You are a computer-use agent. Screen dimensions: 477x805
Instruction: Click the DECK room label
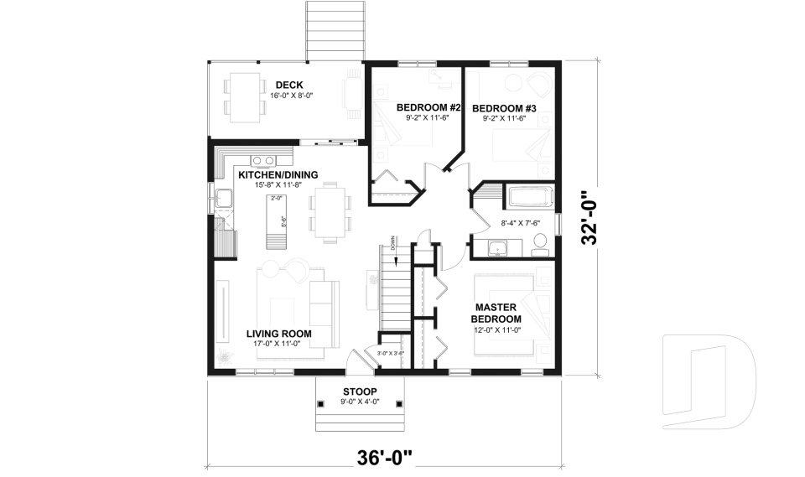coord(288,85)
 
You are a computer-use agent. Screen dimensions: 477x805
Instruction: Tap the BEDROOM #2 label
coord(429,107)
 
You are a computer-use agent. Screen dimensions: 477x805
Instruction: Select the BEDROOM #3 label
coord(504,107)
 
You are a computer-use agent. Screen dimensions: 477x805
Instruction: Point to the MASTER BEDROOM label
coord(496,314)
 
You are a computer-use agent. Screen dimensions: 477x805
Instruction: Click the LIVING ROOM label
coord(279,334)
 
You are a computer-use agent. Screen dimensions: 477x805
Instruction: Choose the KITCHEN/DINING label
coord(278,174)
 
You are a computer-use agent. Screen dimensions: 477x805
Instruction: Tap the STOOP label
coord(360,391)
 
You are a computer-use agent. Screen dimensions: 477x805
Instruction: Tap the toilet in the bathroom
coord(539,243)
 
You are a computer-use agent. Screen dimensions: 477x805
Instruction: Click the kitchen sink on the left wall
coord(223,199)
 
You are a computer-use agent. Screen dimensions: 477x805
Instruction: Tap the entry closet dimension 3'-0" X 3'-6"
coord(391,354)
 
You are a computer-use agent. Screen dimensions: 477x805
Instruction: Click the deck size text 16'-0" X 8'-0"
coord(288,96)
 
